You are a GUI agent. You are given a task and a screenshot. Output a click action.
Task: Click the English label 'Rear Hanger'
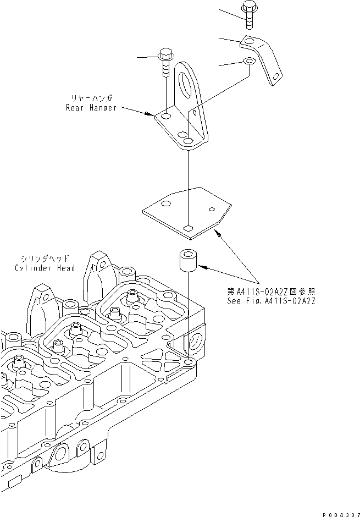coord(91,108)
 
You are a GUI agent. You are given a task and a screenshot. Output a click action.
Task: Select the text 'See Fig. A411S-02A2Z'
coord(271,301)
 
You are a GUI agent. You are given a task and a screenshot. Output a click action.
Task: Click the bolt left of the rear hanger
coord(165,63)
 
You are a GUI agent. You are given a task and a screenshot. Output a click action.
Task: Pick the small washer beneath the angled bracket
coord(248,62)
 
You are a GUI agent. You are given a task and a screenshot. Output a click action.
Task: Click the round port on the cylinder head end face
coord(196,345)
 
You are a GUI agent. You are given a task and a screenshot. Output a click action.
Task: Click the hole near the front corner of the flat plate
coord(189,228)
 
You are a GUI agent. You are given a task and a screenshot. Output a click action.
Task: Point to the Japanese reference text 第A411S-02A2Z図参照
coord(271,291)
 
